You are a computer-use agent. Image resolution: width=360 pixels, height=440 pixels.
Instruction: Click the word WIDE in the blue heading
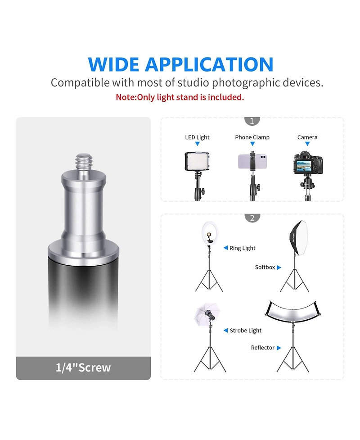tap(113, 64)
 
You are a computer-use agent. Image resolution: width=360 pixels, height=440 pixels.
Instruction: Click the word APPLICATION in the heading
tap(209, 64)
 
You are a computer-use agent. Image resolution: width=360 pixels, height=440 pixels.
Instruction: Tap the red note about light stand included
tap(180, 97)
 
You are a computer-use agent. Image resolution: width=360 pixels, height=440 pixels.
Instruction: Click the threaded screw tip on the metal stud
tap(84, 161)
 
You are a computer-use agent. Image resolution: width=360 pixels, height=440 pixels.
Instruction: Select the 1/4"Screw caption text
tap(83, 367)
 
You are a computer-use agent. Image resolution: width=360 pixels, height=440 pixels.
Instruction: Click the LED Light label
tap(197, 137)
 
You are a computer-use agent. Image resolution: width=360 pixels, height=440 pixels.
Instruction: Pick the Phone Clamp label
tap(252, 137)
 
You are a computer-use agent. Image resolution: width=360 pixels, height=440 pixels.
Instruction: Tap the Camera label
tap(307, 137)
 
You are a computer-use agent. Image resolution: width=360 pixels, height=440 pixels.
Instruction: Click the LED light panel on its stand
tap(197, 161)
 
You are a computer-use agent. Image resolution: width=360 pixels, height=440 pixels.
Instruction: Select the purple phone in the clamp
tap(252, 162)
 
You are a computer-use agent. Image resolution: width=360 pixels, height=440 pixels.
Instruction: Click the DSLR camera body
tap(308, 163)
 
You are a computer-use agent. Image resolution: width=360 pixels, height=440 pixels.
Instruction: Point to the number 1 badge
tap(252, 121)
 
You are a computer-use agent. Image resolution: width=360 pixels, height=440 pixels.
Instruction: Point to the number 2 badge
tap(252, 218)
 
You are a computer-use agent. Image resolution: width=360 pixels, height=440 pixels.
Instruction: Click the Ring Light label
tap(242, 248)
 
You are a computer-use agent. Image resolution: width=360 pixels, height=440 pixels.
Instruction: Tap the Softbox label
tap(265, 267)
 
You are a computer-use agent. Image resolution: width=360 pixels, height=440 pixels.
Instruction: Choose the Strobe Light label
tap(245, 331)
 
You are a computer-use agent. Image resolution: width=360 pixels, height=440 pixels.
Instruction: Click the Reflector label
tap(262, 348)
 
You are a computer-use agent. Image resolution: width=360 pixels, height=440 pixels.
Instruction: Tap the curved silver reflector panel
tap(292, 312)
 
